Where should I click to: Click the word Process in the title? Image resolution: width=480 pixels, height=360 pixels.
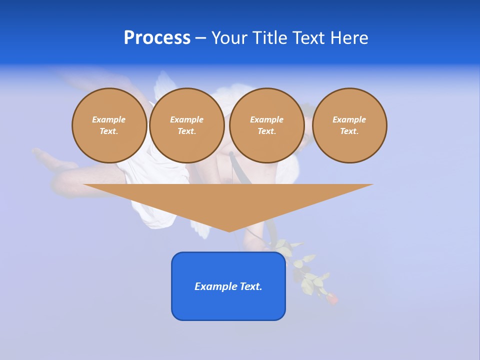tap(157, 38)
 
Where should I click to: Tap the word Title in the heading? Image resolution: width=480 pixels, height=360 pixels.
tap(269, 38)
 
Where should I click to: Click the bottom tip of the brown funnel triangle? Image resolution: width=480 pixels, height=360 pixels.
tap(229, 230)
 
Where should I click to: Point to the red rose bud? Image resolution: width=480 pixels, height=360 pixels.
tap(332, 298)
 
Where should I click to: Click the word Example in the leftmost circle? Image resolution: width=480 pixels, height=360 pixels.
tap(109, 119)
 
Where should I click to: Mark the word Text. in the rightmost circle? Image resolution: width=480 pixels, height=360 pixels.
tap(349, 131)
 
